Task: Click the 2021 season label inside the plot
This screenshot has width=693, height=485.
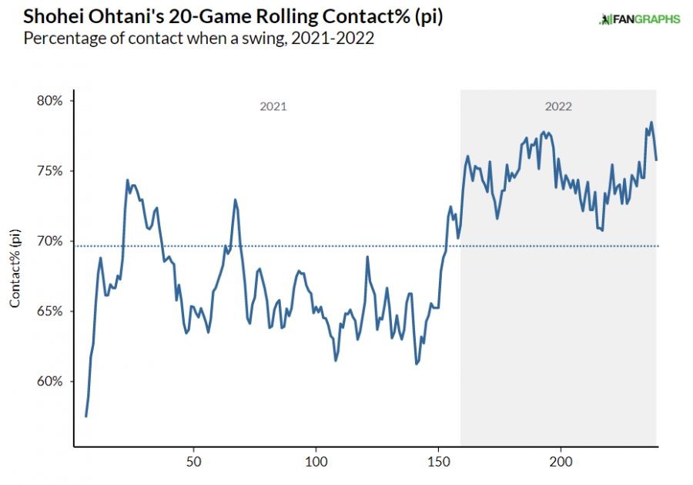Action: click(273, 106)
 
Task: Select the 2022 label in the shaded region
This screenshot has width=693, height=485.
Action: click(558, 106)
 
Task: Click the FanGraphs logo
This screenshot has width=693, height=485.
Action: click(639, 19)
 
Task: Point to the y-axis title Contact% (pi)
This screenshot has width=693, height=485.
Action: click(15, 269)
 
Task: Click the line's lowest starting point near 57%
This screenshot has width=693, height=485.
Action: click(86, 416)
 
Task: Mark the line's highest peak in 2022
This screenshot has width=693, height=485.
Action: click(651, 122)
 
